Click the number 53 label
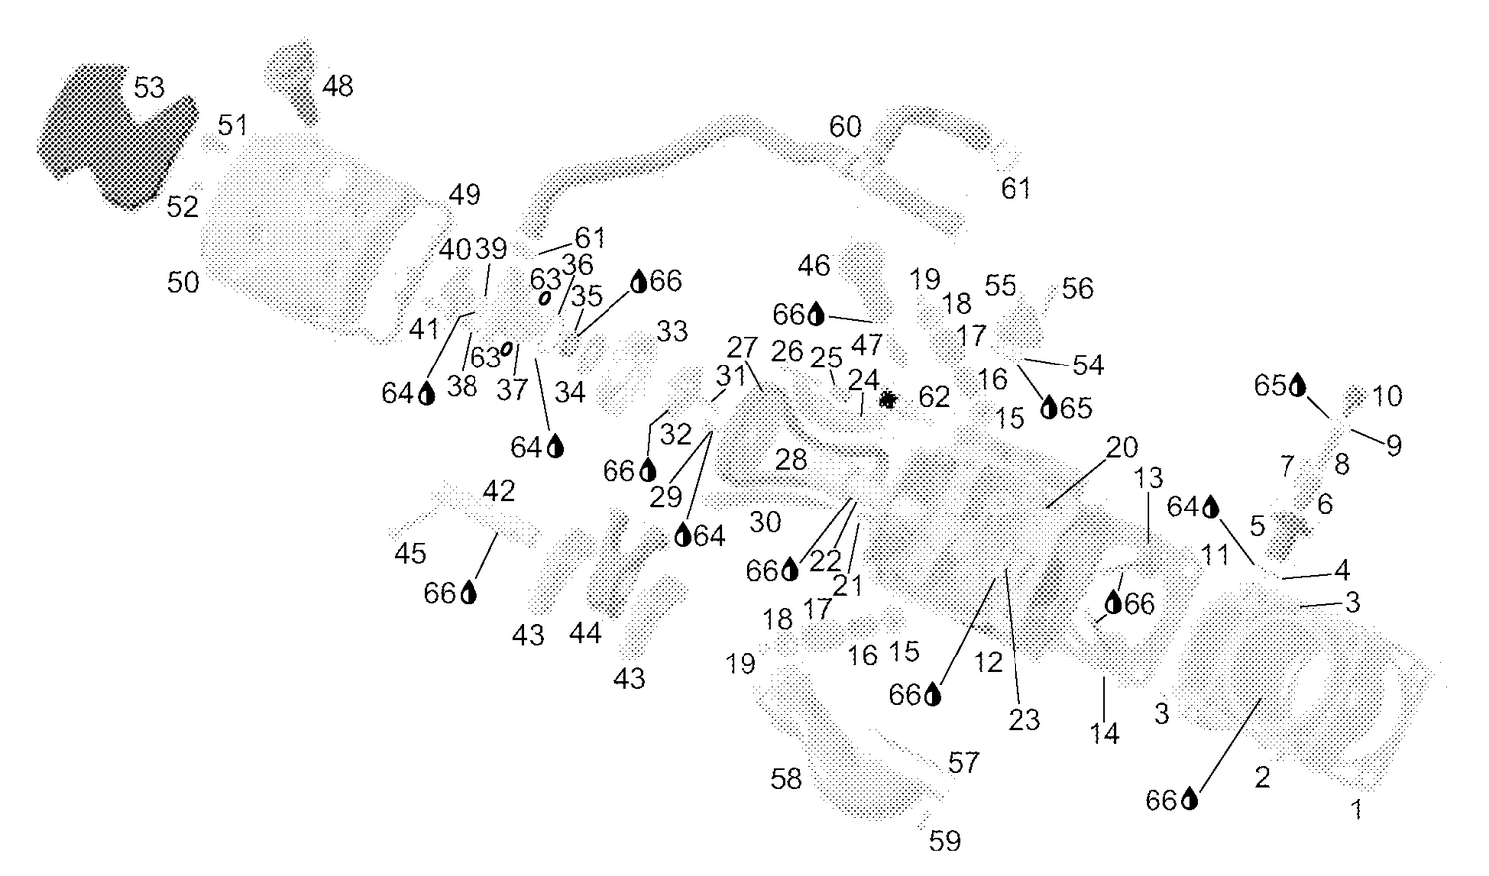click(149, 87)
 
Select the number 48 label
click(338, 86)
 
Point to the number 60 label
click(845, 126)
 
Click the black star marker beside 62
click(887, 399)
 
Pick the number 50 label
click(183, 283)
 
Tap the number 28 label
click(791, 460)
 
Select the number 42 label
click(498, 491)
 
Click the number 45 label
click(410, 553)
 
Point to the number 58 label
click(786, 779)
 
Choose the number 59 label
click(945, 841)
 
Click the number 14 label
click(1104, 734)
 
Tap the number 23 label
click(1023, 720)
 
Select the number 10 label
click(1387, 396)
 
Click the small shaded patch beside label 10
click(1353, 398)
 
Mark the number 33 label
click(672, 331)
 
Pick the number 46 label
click(814, 266)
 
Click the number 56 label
click(1077, 289)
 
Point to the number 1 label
click(1357, 810)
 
